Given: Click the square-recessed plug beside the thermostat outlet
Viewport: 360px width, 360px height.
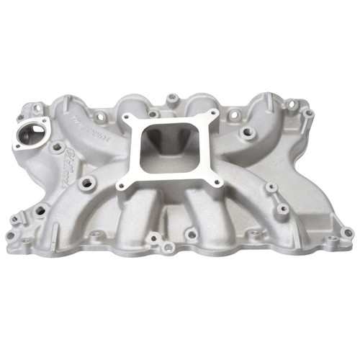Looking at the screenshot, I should [x=55, y=144].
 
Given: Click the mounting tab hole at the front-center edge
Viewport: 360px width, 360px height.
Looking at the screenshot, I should [x=167, y=247].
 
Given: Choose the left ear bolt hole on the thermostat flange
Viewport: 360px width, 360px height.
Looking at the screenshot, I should [x=15, y=145].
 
